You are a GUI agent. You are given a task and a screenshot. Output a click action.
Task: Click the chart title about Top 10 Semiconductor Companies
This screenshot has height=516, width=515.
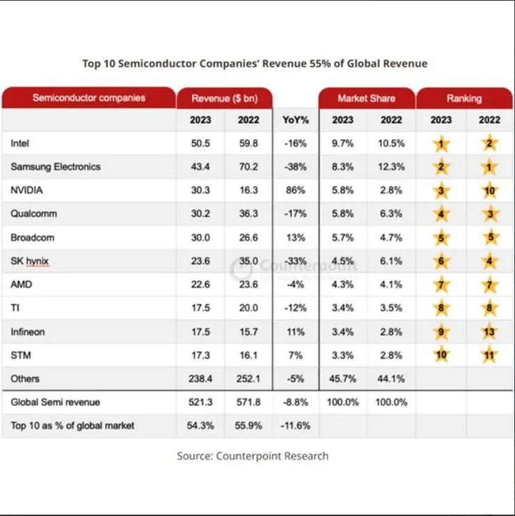click(255, 63)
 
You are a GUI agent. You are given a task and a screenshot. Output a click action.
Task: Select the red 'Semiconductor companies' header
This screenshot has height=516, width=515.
click(88, 98)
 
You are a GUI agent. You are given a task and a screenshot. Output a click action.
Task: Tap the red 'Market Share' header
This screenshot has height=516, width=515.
click(366, 98)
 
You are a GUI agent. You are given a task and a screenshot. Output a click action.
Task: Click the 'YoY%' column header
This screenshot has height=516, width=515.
click(296, 120)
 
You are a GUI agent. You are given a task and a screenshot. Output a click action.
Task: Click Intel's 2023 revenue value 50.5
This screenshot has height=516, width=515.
click(201, 143)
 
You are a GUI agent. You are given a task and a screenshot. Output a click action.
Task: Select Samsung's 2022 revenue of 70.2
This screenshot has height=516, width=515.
click(248, 167)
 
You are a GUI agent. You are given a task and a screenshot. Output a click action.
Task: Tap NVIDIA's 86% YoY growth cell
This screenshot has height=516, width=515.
click(296, 190)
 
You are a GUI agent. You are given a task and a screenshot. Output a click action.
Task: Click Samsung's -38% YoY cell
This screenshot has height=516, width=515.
click(296, 167)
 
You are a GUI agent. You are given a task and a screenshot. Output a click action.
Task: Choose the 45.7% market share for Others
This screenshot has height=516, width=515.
click(342, 379)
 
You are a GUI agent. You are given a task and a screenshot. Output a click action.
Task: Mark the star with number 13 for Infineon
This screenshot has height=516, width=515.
click(489, 332)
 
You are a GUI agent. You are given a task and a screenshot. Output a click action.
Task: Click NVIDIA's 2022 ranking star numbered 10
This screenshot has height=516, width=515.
click(489, 191)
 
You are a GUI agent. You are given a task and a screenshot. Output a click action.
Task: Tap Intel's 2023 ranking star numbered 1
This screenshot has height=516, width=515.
click(441, 144)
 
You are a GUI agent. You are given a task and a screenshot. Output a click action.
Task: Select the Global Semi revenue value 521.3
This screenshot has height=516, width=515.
click(201, 402)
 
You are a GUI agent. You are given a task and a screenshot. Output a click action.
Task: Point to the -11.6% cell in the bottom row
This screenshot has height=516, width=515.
click(296, 426)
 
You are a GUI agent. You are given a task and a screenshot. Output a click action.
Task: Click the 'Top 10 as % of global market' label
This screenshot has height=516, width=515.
click(72, 426)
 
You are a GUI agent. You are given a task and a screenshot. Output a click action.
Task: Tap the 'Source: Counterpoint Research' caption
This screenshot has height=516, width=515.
click(253, 456)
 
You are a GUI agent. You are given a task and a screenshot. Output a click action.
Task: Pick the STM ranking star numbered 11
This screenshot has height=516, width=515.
click(489, 356)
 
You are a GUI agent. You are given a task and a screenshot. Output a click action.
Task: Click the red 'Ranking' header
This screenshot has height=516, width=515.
click(464, 98)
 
